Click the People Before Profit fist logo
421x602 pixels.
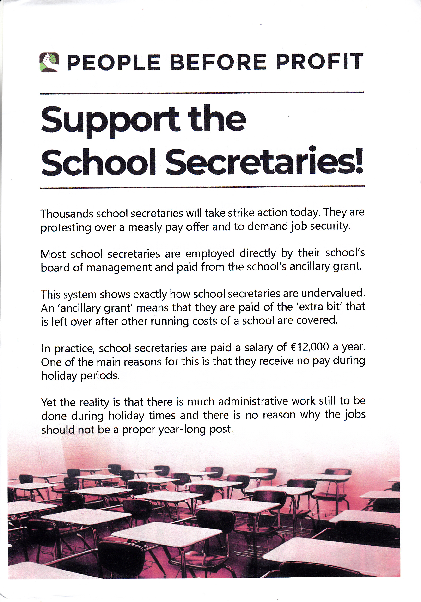pyautogui.click(x=49, y=62)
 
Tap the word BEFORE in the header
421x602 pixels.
pyautogui.click(x=218, y=62)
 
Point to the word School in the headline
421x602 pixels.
pyautogui.click(x=98, y=163)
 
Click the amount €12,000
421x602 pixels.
pyautogui.click(x=310, y=347)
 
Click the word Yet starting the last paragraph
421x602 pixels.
pyautogui.click(x=49, y=402)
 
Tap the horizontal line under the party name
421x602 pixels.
pyautogui.click(x=202, y=93)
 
